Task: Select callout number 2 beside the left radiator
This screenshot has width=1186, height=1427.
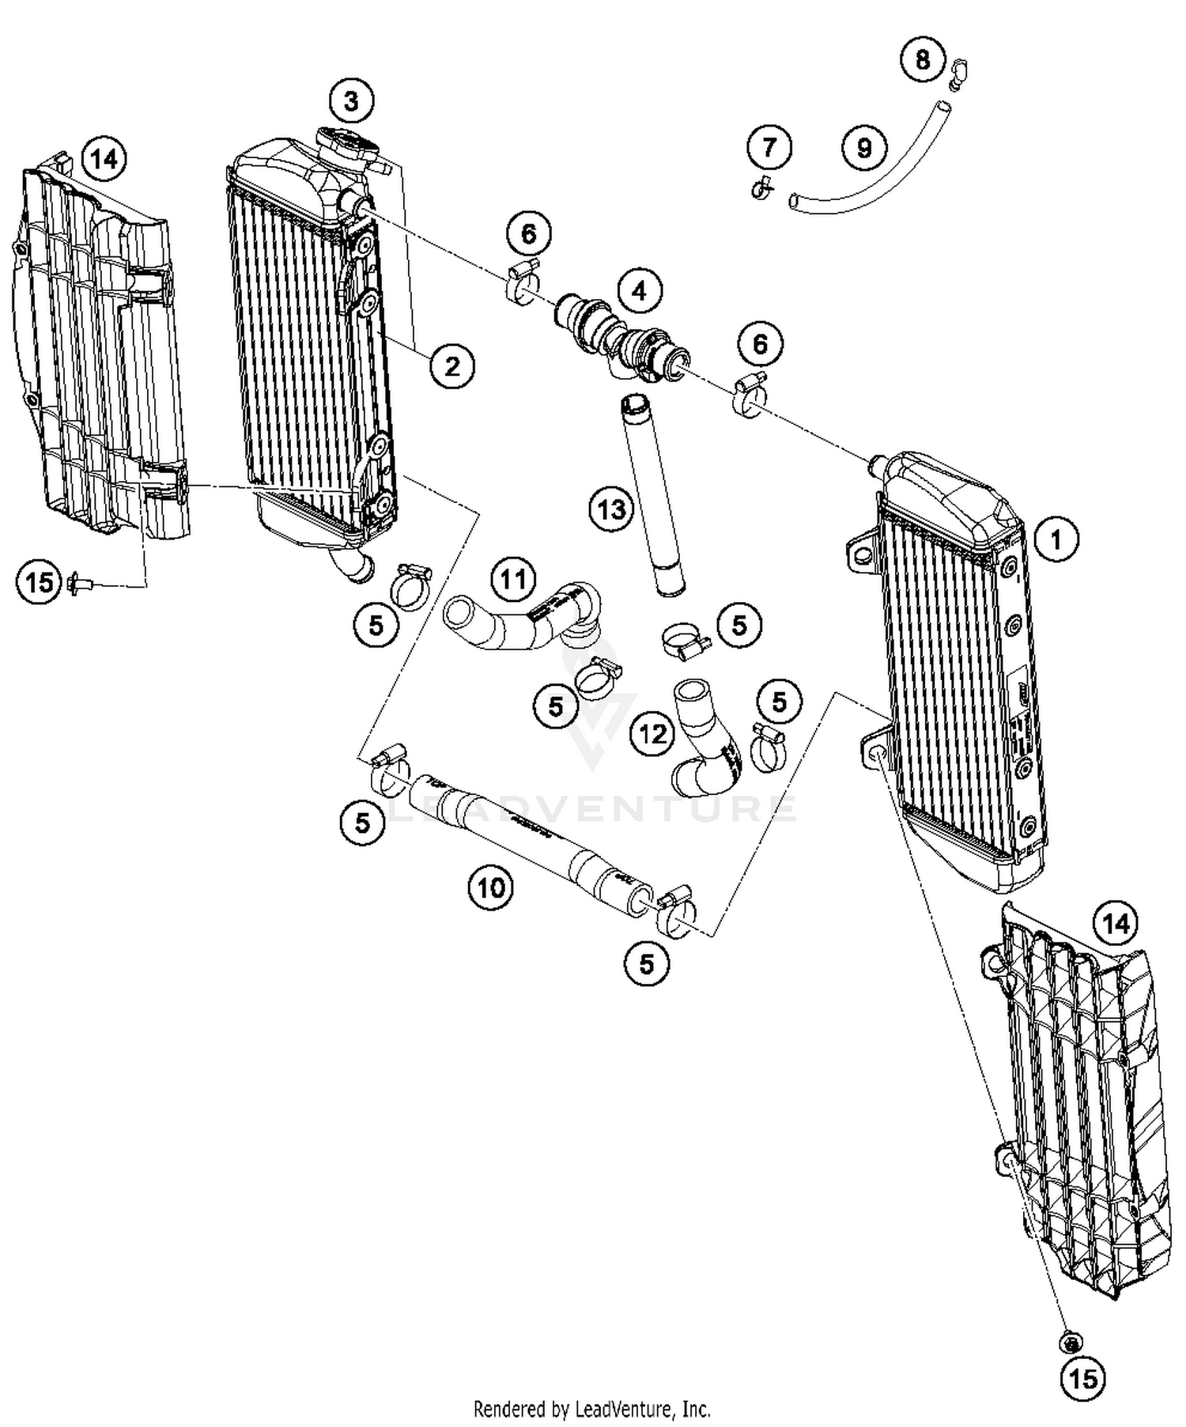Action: pyautogui.click(x=452, y=366)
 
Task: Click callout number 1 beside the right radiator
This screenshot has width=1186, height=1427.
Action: pyautogui.click(x=1056, y=539)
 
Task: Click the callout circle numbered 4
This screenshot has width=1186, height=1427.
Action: pyautogui.click(x=639, y=291)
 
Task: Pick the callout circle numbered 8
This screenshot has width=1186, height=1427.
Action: pyautogui.click(x=923, y=59)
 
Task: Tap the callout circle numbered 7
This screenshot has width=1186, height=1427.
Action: pyautogui.click(x=769, y=147)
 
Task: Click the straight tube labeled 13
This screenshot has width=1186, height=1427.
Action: pyautogui.click(x=651, y=498)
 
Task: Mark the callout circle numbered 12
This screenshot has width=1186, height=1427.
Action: pyautogui.click(x=653, y=735)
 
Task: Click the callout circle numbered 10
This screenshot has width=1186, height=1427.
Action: pyautogui.click(x=490, y=888)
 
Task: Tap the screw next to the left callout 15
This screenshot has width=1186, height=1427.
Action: pyautogui.click(x=81, y=584)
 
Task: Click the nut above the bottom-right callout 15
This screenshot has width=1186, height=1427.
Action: pyautogui.click(x=1071, y=1341)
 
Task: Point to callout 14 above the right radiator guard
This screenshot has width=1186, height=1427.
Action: pyautogui.click(x=1116, y=922)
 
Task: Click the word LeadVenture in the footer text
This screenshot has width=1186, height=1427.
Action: pyautogui.click(x=625, y=1409)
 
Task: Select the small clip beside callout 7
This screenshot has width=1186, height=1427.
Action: pyautogui.click(x=761, y=190)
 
